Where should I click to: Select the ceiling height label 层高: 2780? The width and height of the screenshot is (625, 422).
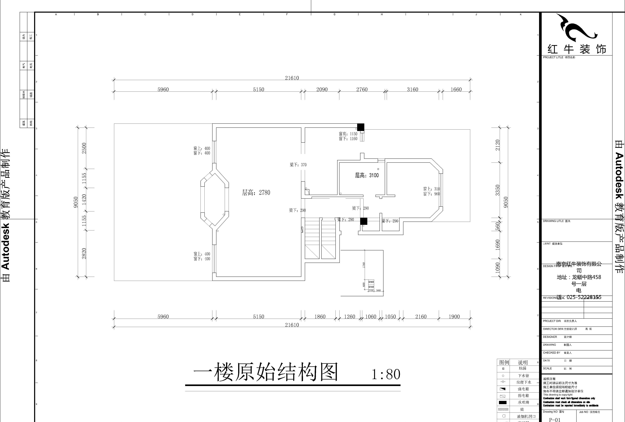point(256,192)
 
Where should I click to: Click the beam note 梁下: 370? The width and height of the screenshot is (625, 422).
point(298,165)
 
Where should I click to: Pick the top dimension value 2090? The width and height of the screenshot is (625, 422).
point(322,89)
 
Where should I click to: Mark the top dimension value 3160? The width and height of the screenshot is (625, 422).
point(412,89)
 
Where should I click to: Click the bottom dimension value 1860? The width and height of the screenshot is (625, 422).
point(320,316)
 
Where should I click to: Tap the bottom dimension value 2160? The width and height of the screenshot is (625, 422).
point(421,316)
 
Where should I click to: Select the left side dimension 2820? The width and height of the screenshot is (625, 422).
point(84,253)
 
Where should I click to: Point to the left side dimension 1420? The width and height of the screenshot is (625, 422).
point(84,199)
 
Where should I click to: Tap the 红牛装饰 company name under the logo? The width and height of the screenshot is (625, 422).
point(577,49)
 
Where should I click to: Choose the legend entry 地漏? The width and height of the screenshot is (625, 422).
point(522,368)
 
